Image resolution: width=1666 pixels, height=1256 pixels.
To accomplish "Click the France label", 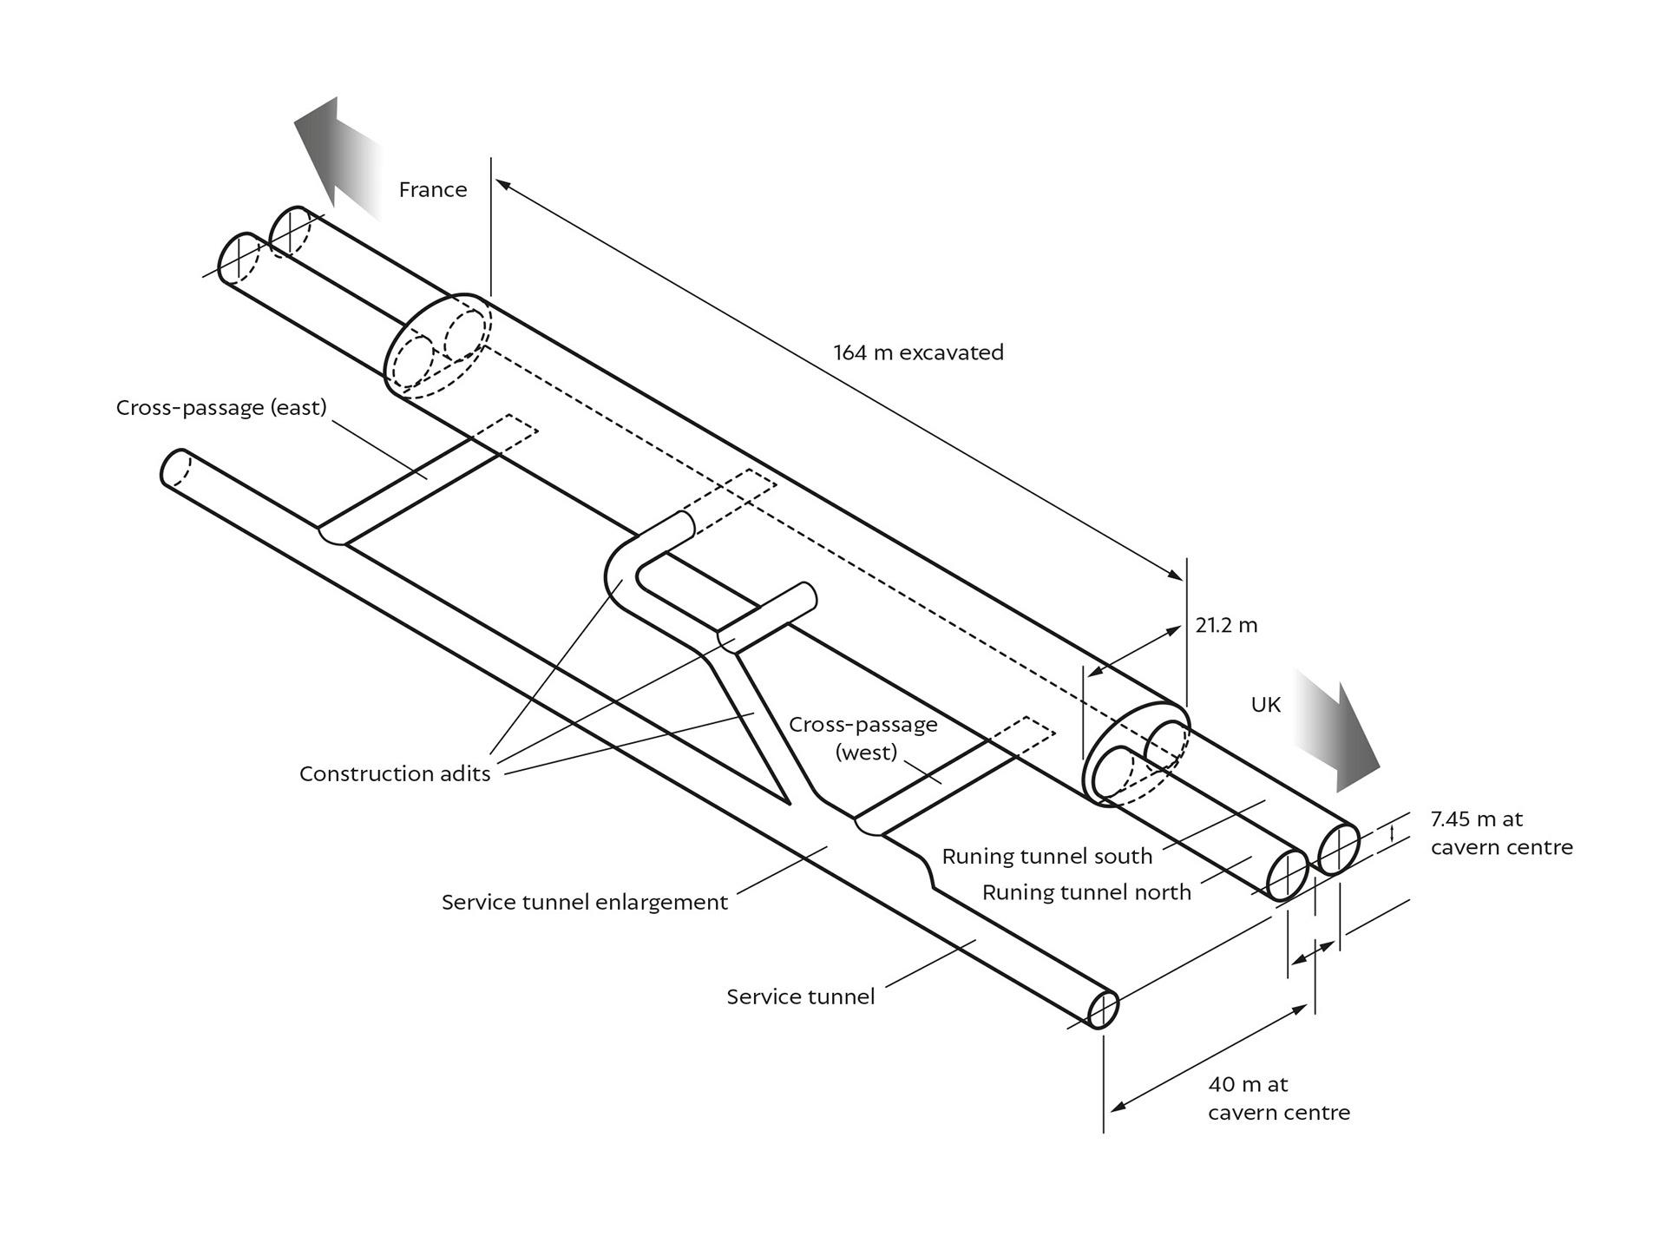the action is coord(432,189).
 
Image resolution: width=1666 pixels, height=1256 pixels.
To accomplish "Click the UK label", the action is coord(1265,705).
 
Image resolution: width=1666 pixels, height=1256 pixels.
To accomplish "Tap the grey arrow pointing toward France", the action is coord(338,155).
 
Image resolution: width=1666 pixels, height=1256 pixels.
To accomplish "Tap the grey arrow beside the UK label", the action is coord(1336,730).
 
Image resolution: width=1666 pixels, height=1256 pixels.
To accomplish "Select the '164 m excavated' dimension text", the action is coord(918,352).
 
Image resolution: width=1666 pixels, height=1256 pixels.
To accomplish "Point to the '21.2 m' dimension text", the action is coord(1226,625).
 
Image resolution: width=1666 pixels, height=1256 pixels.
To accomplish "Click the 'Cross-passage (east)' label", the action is coord(221,408).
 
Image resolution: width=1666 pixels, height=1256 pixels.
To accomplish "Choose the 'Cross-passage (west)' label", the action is coord(863,738).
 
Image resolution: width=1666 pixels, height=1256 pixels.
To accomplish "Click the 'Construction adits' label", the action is coord(395,773).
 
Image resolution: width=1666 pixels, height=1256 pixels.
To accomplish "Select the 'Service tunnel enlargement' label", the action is coord(585,902).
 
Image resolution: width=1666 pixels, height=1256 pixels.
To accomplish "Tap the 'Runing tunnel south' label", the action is coord(1047,857).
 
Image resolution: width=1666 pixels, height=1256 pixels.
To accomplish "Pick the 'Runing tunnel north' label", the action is coord(1086,892).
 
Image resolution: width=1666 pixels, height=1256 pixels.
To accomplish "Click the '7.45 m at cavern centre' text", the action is coord(1502,832).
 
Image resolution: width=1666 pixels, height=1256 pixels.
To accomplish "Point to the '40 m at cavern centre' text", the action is coord(1279,1098).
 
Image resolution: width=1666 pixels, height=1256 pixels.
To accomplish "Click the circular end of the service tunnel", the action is coord(1103,1009).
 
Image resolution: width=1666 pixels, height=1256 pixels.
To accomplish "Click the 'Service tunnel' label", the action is coord(800,996).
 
